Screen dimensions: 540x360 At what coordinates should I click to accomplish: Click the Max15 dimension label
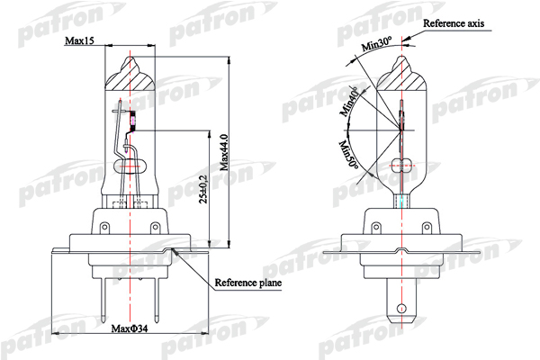tap(79, 40)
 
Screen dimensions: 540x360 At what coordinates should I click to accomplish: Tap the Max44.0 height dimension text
tap(224, 153)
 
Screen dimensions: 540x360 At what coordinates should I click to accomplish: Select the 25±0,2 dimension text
tap(203, 189)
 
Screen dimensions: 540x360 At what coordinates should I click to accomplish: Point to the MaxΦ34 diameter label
tap(130, 328)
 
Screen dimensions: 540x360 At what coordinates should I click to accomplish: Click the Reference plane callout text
tap(248, 283)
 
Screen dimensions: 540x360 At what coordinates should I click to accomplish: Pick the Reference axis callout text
tap(454, 23)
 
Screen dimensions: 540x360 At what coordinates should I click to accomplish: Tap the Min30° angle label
tap(377, 44)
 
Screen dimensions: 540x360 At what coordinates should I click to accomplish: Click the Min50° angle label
tap(348, 155)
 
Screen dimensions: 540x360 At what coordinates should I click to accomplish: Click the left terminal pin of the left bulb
tap(104, 300)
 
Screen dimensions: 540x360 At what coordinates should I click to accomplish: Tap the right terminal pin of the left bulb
tap(157, 300)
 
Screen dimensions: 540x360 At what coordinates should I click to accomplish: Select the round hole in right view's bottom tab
tap(401, 308)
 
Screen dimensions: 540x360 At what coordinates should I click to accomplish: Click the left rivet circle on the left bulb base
tap(104, 227)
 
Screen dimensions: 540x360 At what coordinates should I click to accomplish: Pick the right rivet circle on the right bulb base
tap(427, 227)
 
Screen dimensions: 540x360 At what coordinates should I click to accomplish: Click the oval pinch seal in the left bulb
tap(130, 166)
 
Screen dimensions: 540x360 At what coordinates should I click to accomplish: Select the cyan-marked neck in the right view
tap(402, 202)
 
